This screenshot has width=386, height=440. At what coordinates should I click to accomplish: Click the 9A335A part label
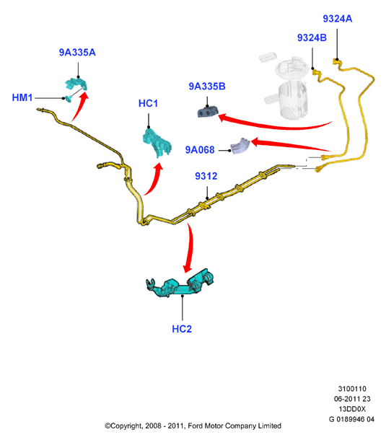pos(77,53)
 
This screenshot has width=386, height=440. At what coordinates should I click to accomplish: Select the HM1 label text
pos(22,97)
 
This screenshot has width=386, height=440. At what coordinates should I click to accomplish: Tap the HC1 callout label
pos(148,103)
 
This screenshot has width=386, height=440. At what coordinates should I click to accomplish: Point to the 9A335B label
pos(207,87)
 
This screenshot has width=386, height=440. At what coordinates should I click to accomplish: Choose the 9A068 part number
pos(200,150)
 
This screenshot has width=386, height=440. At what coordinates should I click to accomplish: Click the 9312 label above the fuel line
pos(206,176)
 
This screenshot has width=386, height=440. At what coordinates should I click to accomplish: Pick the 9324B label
pos(312,38)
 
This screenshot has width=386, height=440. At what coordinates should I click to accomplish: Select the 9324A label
pos(338,19)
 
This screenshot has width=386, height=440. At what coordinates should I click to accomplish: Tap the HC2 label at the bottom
pos(182,329)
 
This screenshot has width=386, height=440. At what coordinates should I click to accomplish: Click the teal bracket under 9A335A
pos(76,84)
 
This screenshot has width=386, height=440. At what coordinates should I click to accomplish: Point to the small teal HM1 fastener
pos(69,98)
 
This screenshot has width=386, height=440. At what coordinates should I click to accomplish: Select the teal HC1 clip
pos(157,143)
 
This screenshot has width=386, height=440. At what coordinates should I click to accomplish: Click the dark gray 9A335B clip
pos(208,111)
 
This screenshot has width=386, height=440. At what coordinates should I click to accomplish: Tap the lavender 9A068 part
pos(240,146)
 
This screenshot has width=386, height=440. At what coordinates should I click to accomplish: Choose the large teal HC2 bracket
pos(180,284)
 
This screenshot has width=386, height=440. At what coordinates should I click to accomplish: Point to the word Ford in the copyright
pos(195,426)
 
